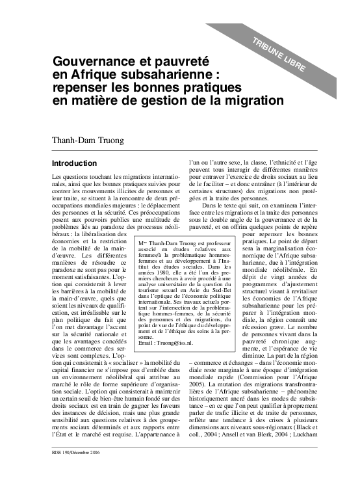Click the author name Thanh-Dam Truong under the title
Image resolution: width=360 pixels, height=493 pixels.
[88, 139]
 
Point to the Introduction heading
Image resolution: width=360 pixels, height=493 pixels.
[75, 163]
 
